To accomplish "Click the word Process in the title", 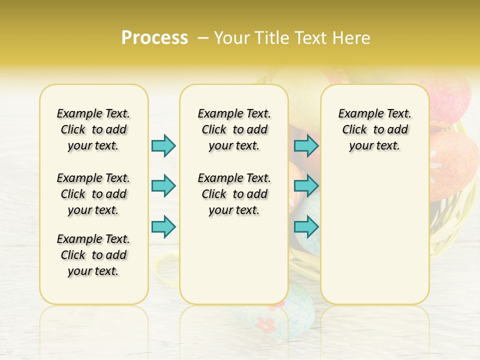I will [x=154, y=38].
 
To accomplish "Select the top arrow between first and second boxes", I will [x=163, y=145].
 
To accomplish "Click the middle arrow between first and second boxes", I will [x=163, y=186].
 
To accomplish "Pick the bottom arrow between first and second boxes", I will [x=163, y=226].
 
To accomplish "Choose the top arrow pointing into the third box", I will [x=306, y=145].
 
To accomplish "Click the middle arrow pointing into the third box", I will [x=306, y=186].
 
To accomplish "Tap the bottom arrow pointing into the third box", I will [x=306, y=226].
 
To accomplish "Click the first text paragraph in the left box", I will [x=93, y=129].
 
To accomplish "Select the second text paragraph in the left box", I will [x=93, y=194].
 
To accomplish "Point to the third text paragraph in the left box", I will [x=93, y=255].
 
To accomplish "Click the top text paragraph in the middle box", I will [x=234, y=129].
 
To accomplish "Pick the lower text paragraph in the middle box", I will [x=234, y=194].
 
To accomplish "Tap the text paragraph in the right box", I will [x=374, y=129].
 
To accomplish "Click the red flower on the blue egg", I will [x=268, y=324].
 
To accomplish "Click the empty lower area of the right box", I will [x=374, y=235].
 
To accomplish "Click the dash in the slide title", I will [x=204, y=38].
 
